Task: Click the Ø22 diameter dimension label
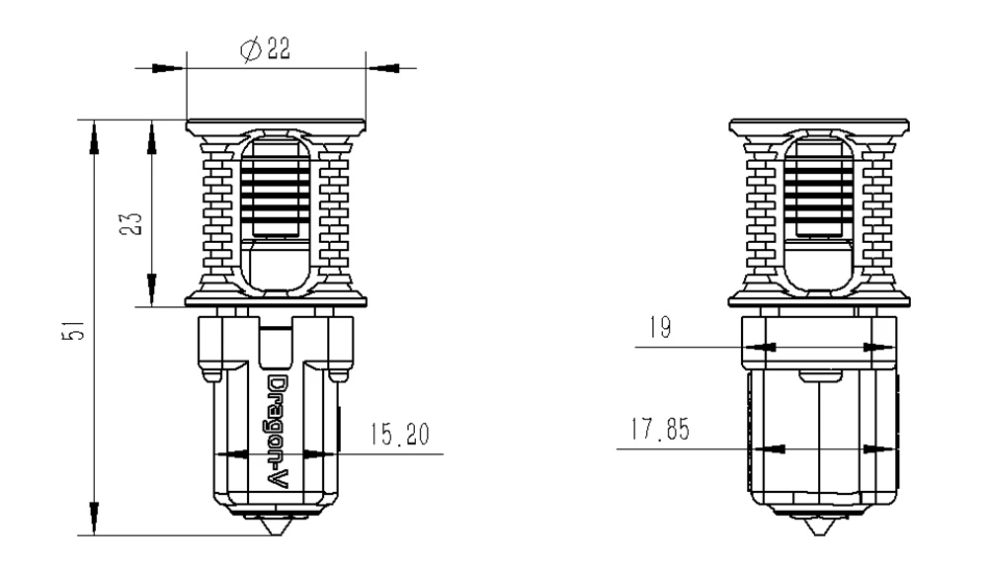[265, 48]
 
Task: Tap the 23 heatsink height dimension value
[131, 224]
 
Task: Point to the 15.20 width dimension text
[399, 434]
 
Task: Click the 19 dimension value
[660, 328]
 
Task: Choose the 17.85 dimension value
[660, 429]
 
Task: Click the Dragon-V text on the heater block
[279, 433]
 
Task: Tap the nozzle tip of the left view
[275, 534]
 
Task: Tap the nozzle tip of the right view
[819, 534]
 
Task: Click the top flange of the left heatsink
[276, 125]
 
